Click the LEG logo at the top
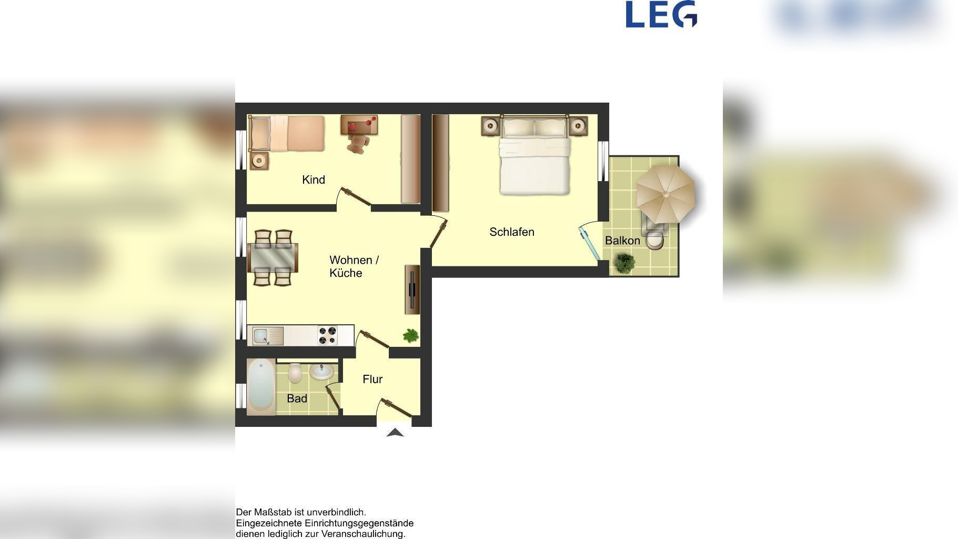[x=661, y=14]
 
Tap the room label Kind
[x=314, y=180]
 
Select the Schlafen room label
[x=512, y=232]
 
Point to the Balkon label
[x=622, y=241]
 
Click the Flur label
[x=372, y=380]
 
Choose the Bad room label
[x=297, y=399]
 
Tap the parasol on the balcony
[x=665, y=194]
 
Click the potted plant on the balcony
[x=624, y=263]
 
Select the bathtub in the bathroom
[x=261, y=387]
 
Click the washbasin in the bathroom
[x=321, y=372]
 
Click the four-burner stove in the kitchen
[x=328, y=336]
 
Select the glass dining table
[x=273, y=258]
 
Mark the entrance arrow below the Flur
[x=395, y=433]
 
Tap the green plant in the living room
[x=411, y=335]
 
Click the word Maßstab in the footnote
[x=273, y=512]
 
